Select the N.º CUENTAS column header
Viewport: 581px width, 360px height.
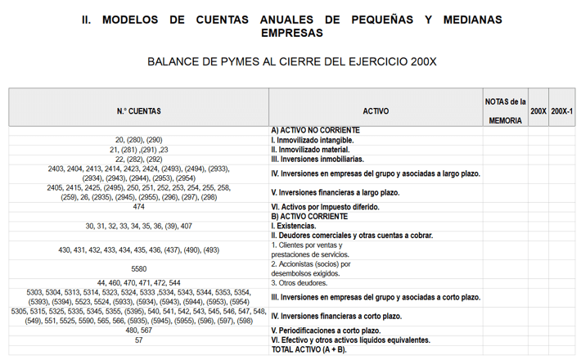click(x=139, y=110)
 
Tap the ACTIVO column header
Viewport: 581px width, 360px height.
click(x=376, y=110)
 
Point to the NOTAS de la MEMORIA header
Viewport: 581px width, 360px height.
click(x=505, y=110)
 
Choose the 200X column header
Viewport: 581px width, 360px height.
click(x=538, y=110)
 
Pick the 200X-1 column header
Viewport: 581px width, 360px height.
click(x=562, y=110)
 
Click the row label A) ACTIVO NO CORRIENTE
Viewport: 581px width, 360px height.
click(x=315, y=130)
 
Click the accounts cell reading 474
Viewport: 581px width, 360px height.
click(x=139, y=207)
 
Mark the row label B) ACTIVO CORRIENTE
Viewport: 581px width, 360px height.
click(x=309, y=216)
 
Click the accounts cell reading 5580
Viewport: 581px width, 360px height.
click(x=139, y=268)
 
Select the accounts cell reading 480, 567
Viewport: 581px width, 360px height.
click(x=139, y=331)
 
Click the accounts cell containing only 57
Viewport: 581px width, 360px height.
click(x=139, y=340)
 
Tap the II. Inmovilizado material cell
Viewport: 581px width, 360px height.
click(x=311, y=150)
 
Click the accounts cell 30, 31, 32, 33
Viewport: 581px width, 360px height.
click(x=139, y=226)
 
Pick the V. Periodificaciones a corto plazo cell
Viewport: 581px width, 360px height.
click(x=325, y=331)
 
